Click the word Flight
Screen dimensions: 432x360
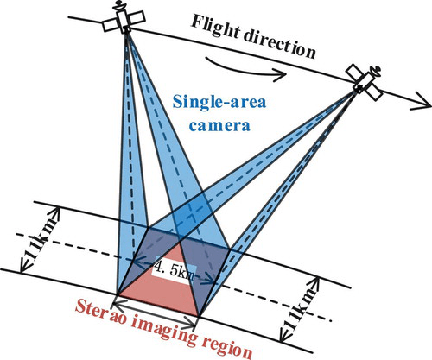coord(215,28)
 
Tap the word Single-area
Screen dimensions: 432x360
coord(219,102)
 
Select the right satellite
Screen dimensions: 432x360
coord(365,82)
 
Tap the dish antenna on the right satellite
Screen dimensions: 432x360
coord(376,70)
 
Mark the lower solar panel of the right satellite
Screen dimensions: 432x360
coord(374,92)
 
